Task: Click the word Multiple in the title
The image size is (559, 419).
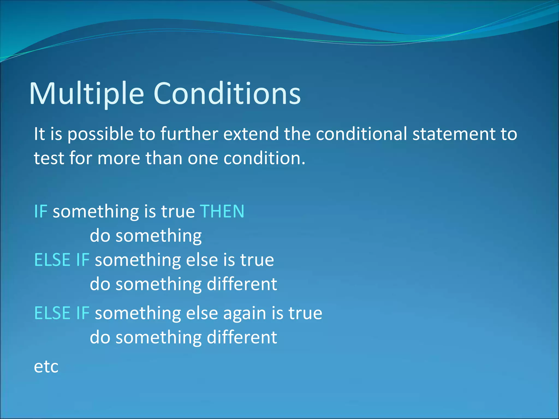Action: pos(87,94)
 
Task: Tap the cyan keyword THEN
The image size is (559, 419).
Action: pos(222,211)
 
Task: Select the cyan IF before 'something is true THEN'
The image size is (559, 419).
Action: pos(41,211)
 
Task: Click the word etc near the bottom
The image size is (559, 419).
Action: pos(46,367)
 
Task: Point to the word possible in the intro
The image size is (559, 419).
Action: pos(100,134)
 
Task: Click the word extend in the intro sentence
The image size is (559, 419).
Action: pos(251,134)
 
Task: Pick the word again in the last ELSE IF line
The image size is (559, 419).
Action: pos(245,313)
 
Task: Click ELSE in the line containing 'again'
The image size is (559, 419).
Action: pos(52,313)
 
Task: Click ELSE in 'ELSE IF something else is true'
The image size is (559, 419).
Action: pos(52,260)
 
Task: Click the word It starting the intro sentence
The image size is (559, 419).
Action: pos(39,134)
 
